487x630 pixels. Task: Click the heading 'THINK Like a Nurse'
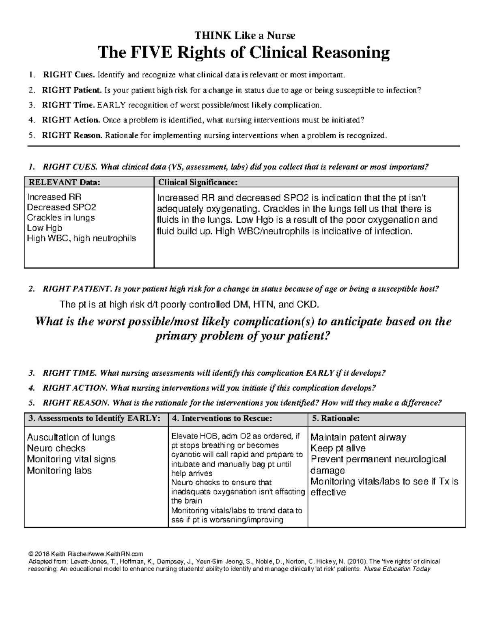243,36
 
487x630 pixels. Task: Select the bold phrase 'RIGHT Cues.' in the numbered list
69,75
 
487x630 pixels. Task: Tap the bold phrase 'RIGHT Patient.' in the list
72,90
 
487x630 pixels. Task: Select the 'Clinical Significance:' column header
197,182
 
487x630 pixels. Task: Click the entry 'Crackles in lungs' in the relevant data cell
60,218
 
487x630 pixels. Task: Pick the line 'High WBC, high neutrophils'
81,239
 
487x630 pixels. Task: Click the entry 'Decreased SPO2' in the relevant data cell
61,207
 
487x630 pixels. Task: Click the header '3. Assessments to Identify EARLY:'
92,418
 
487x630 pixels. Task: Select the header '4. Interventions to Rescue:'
222,418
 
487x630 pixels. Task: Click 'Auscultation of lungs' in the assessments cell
71,437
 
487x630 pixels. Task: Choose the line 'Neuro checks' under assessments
56,448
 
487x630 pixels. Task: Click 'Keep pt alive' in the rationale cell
338,448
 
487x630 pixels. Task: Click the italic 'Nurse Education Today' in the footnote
397,569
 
